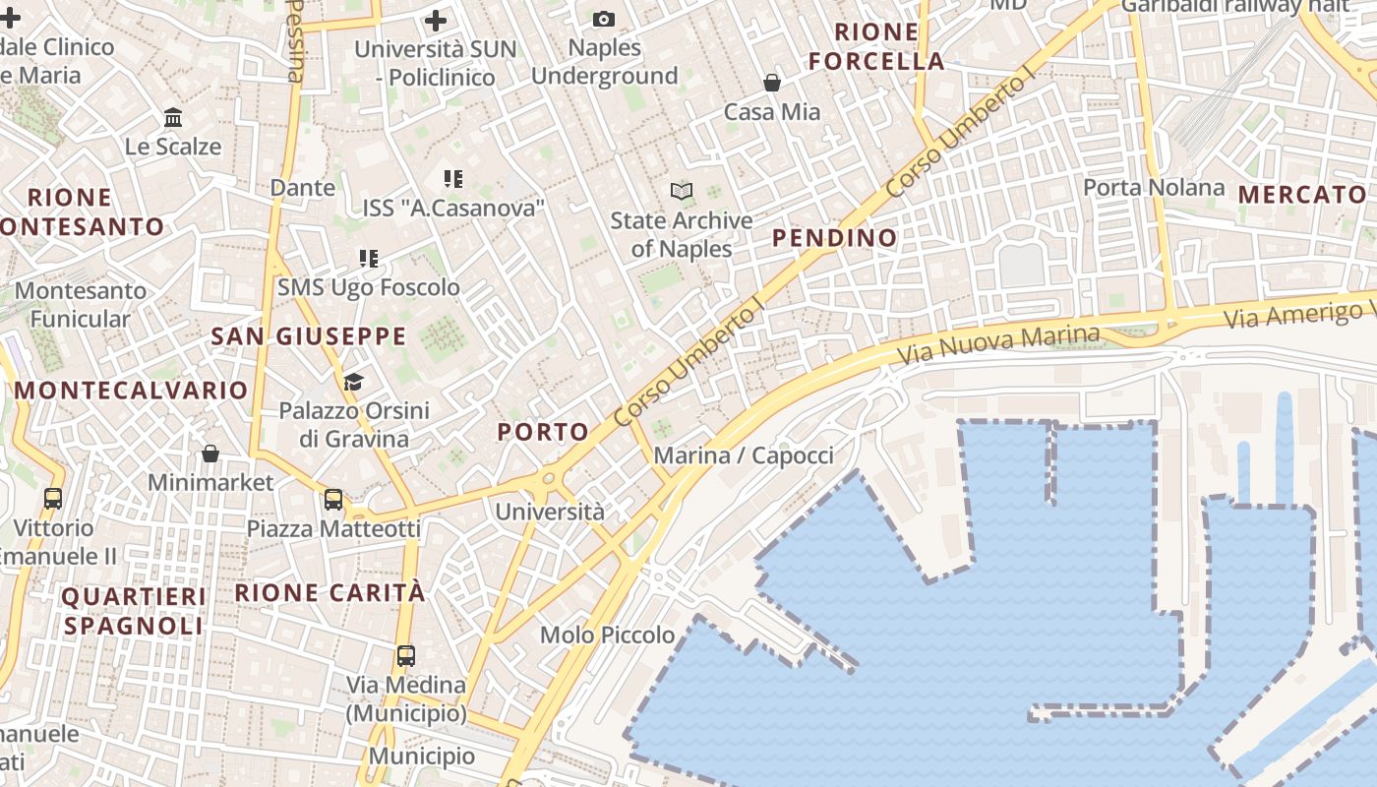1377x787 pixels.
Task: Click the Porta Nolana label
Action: (x=1154, y=187)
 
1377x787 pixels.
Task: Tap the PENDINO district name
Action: (x=834, y=237)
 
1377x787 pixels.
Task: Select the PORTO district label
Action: (x=543, y=431)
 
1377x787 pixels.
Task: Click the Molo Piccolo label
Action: (x=608, y=635)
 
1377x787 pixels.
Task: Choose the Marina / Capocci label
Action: (x=744, y=455)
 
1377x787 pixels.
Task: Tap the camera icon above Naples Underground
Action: (x=604, y=19)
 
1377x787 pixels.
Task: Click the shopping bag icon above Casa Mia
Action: (x=772, y=83)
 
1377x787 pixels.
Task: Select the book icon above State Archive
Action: (x=682, y=191)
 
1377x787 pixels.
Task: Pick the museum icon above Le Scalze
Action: (x=173, y=118)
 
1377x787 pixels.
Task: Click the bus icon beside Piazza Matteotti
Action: (x=333, y=499)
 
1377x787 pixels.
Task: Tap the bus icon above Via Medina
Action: (x=405, y=655)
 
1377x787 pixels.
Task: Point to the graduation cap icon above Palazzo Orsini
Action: (x=353, y=381)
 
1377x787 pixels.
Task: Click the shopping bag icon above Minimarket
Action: (x=210, y=454)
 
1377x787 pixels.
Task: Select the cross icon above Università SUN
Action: (x=436, y=19)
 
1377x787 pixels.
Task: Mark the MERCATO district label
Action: (x=1302, y=194)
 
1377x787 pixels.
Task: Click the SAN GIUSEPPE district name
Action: (x=308, y=335)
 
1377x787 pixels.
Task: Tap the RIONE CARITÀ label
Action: (x=330, y=592)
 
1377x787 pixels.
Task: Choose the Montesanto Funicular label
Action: (x=80, y=304)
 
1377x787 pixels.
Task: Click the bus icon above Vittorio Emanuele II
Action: (x=53, y=499)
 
